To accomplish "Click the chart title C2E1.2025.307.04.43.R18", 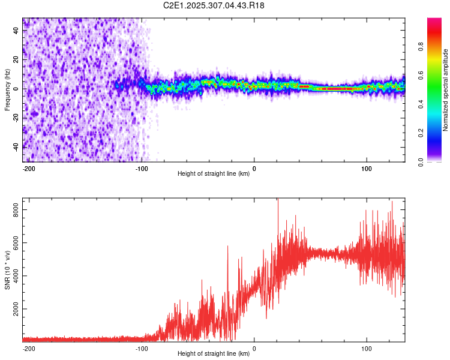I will click(214, 5).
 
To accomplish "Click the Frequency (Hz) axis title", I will click(7, 90).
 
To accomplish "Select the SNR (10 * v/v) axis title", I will click(7, 271).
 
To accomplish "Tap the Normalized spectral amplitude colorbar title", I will click(446, 90).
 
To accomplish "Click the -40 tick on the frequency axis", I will click(14, 146).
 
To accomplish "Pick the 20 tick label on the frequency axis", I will click(16, 60).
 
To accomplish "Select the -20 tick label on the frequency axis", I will click(14, 118).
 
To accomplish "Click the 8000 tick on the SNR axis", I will click(13, 209).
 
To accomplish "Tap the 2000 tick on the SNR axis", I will click(13, 309).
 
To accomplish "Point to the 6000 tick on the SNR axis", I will click(13, 242).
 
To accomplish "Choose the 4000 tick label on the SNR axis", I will click(13, 276).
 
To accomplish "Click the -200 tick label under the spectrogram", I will click(28, 169).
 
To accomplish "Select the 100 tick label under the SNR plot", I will click(366, 348).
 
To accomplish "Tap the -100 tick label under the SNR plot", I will click(141, 348).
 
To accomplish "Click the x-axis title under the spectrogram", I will click(214, 174).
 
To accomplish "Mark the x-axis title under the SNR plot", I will click(214, 354).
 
